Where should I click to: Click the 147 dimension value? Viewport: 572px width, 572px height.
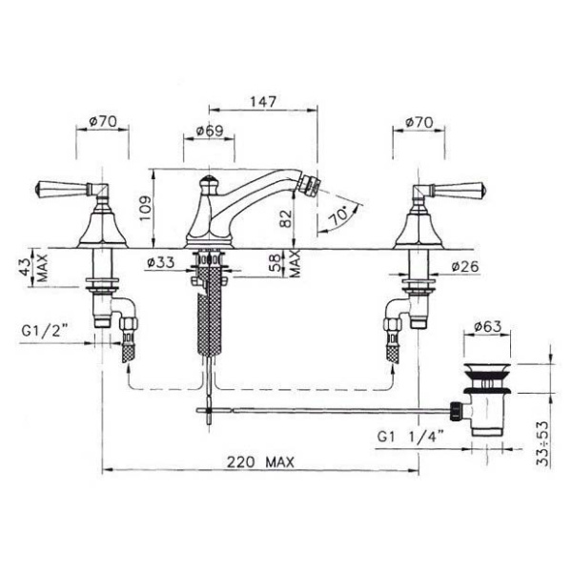[x=263, y=101]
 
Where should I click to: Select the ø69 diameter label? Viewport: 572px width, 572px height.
[x=210, y=131]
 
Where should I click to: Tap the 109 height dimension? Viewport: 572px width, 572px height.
[x=145, y=208]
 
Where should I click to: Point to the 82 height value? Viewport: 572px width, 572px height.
[x=286, y=218]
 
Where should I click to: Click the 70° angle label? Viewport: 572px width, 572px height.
[x=339, y=214]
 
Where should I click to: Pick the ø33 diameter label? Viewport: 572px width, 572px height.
[x=160, y=262]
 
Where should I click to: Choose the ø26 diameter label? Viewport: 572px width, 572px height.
[x=464, y=267]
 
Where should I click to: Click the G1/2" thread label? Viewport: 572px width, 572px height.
[x=45, y=331]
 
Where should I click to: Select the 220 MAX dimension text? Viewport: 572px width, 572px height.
[x=260, y=462]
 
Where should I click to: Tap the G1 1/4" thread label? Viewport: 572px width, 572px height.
[x=410, y=437]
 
